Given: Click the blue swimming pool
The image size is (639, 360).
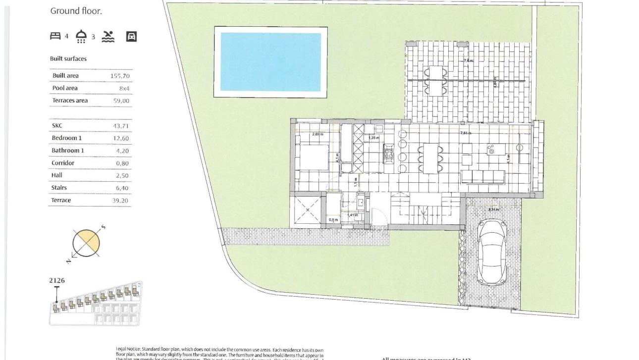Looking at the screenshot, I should (x=270, y=62).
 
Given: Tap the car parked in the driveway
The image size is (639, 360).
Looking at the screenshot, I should (x=491, y=252).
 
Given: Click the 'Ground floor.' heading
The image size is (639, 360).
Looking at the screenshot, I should (x=76, y=11).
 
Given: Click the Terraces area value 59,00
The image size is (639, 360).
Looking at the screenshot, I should (x=121, y=101).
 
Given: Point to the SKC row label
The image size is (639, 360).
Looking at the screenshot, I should (x=57, y=126).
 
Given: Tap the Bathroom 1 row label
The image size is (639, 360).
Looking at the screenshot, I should (x=66, y=151).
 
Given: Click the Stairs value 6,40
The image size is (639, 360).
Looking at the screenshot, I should (x=122, y=188).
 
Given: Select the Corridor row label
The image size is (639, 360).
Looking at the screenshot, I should (x=63, y=163).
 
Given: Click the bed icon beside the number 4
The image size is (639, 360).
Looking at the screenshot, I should (x=55, y=36).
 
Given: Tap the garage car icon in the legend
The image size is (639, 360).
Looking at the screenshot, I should (x=131, y=36).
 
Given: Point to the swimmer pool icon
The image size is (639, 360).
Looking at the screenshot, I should (x=108, y=36).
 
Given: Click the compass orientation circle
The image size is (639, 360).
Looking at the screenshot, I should (x=86, y=243).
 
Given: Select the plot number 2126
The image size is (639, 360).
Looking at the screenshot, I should (x=57, y=280).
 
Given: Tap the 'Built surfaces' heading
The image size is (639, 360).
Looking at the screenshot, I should (x=68, y=59).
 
